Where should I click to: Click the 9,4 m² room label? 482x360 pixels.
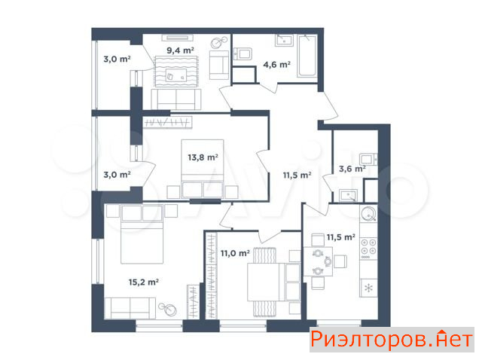pos(180,50)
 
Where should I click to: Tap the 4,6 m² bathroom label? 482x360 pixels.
pos(276,65)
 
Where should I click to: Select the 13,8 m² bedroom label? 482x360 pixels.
pos(203,157)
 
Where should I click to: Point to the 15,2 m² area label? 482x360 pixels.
pos(144,282)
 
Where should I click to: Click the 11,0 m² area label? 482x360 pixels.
pos(235,253)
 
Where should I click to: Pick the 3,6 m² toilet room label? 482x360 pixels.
pos(352,169)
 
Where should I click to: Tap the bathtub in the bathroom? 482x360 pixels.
pos(307,56)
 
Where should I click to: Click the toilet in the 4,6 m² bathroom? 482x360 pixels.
pos(243,53)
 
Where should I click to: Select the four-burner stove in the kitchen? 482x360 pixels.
pos(368,248)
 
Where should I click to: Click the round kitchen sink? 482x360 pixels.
pos(368,213)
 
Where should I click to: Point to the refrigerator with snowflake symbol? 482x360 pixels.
pos(368,288)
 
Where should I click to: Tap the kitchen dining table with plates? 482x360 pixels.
pos(318,261)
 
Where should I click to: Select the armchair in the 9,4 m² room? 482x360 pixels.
pos(219,66)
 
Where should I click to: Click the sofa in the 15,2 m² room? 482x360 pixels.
pos(130,308)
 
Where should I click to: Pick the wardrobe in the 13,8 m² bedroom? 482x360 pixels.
pos(167,122)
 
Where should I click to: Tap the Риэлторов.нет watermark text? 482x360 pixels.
pos(392,340)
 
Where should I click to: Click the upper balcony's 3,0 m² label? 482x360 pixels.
pos(117,59)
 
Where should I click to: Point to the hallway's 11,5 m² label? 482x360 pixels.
pos(297,175)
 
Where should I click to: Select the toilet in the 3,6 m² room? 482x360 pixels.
pos(368,159)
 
